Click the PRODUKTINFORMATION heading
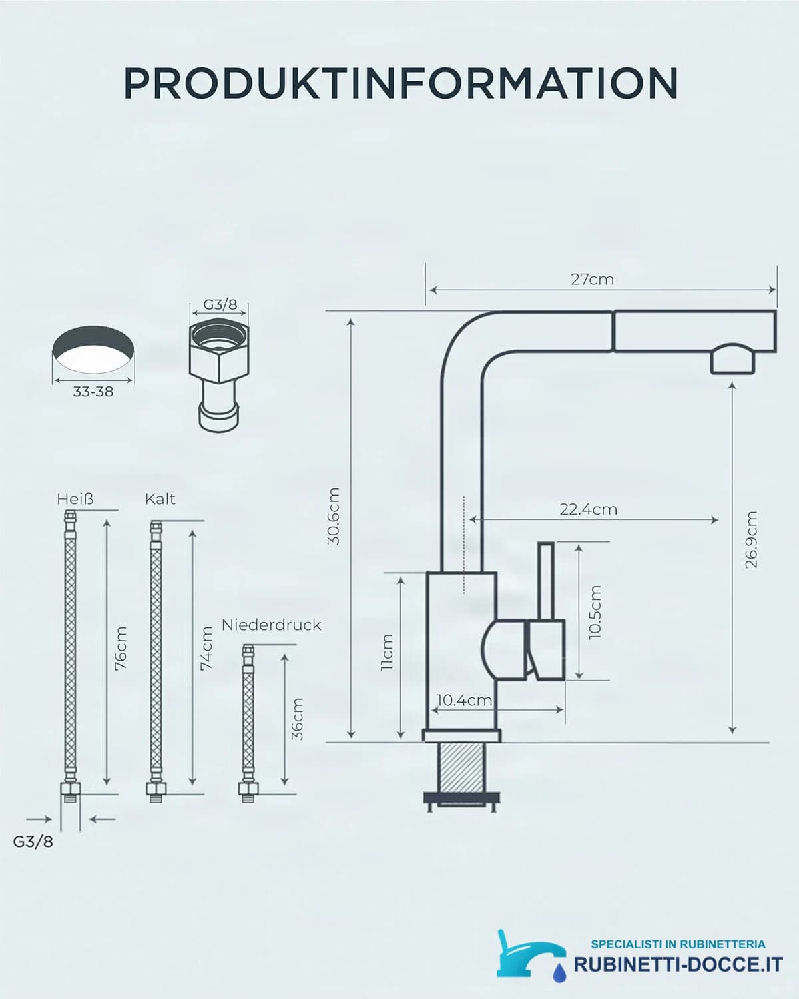(401, 83)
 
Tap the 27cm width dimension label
(592, 280)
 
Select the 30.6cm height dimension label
(334, 515)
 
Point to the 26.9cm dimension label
(750, 539)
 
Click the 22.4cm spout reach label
(588, 509)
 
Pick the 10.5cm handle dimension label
(595, 612)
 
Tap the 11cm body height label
(387, 652)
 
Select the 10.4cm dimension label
(464, 699)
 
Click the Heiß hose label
(75, 499)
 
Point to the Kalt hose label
(160, 499)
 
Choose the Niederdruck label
(271, 625)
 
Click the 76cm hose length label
(121, 648)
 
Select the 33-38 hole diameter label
(93, 392)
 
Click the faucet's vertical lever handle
(547, 581)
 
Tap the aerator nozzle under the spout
(733, 359)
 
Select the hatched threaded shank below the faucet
(462, 767)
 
